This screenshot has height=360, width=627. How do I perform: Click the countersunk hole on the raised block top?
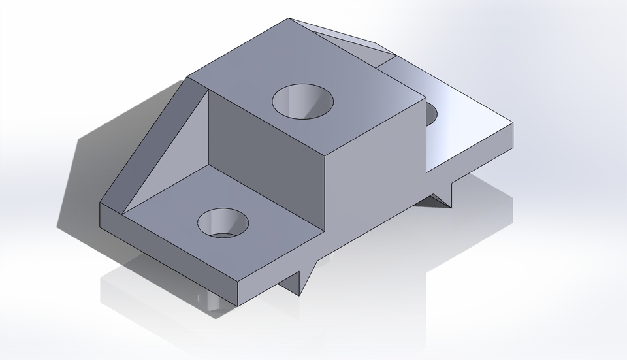(x=302, y=102)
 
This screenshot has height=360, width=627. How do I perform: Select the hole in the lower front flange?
(x=223, y=223)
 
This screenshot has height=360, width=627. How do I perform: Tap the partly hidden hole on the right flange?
(x=431, y=114)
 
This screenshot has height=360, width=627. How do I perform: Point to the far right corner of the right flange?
(x=513, y=123)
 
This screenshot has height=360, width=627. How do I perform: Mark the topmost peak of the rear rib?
(x=290, y=19)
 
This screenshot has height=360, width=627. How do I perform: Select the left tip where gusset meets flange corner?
(x=101, y=203)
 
